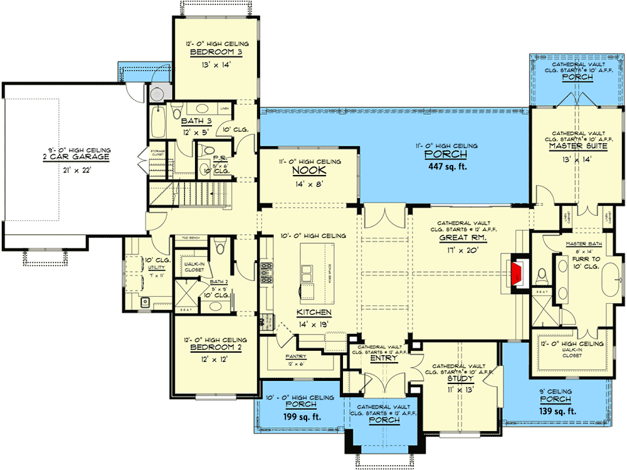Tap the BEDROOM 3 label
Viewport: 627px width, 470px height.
217,53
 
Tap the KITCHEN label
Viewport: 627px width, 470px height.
314,312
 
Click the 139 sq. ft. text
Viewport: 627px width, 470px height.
559,411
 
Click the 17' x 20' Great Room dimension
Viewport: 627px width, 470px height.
464,250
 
